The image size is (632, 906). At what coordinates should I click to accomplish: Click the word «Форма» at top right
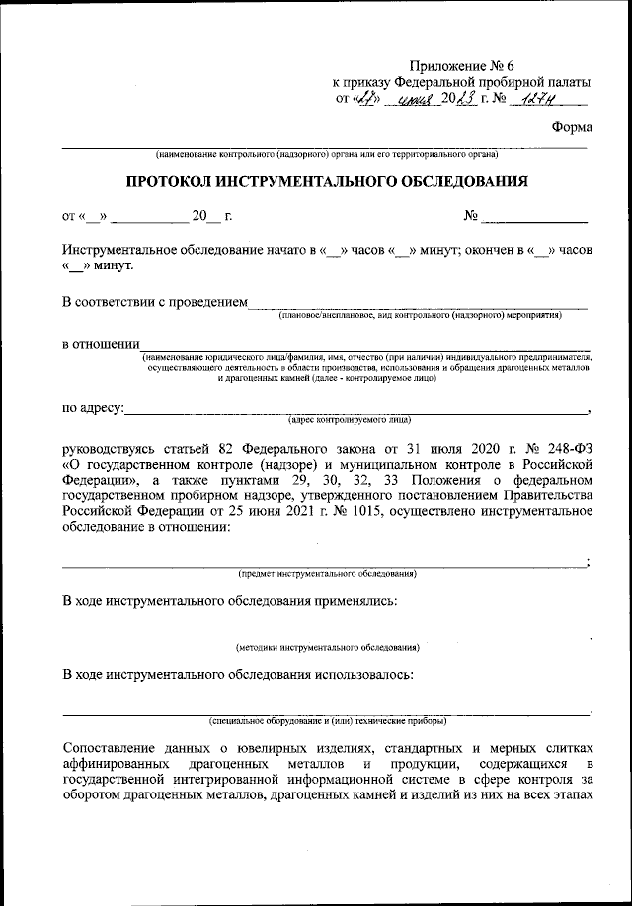573,127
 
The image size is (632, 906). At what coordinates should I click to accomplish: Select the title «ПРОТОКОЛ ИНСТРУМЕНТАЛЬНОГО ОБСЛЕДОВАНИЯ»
326,181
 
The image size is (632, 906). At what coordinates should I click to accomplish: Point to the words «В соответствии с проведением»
154,301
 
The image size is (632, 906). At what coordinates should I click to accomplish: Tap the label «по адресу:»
93,406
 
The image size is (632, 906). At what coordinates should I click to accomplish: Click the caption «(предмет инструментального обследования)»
327,573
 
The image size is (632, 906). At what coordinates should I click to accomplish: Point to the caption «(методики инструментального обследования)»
327,648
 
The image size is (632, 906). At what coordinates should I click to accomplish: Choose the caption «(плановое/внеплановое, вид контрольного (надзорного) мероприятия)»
420,315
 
